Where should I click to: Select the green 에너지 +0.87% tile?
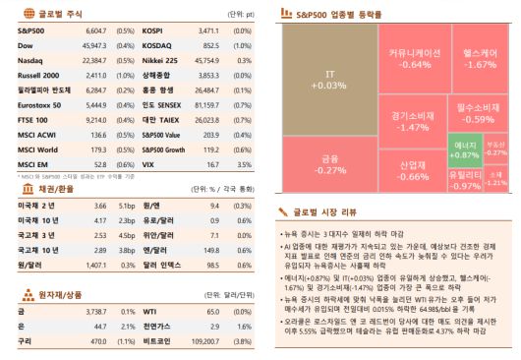[x=464, y=150]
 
